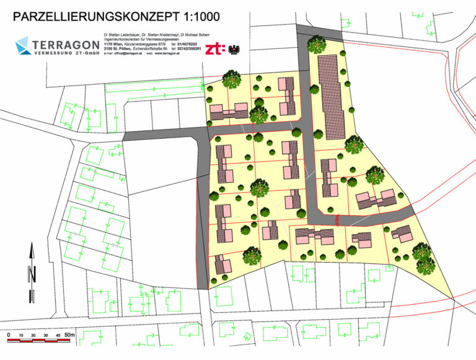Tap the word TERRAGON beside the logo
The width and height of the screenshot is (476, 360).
click(67, 44)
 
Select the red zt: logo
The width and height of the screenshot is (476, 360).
click(215, 48)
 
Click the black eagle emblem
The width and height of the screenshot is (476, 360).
click(235, 48)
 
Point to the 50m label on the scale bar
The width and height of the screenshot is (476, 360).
click(69, 335)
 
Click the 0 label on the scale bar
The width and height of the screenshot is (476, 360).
click(9, 335)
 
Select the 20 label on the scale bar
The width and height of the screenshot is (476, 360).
click(33, 335)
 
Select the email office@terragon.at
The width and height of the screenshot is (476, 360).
click(126, 55)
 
